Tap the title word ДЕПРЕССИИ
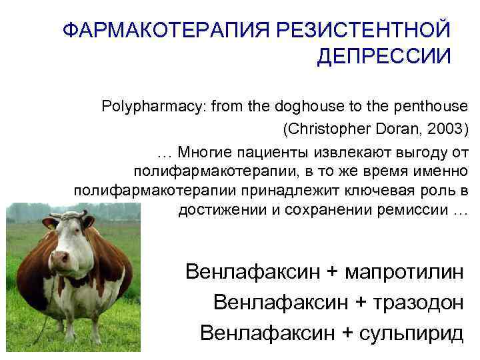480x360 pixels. (384, 56)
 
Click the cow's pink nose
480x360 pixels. (60, 257)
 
